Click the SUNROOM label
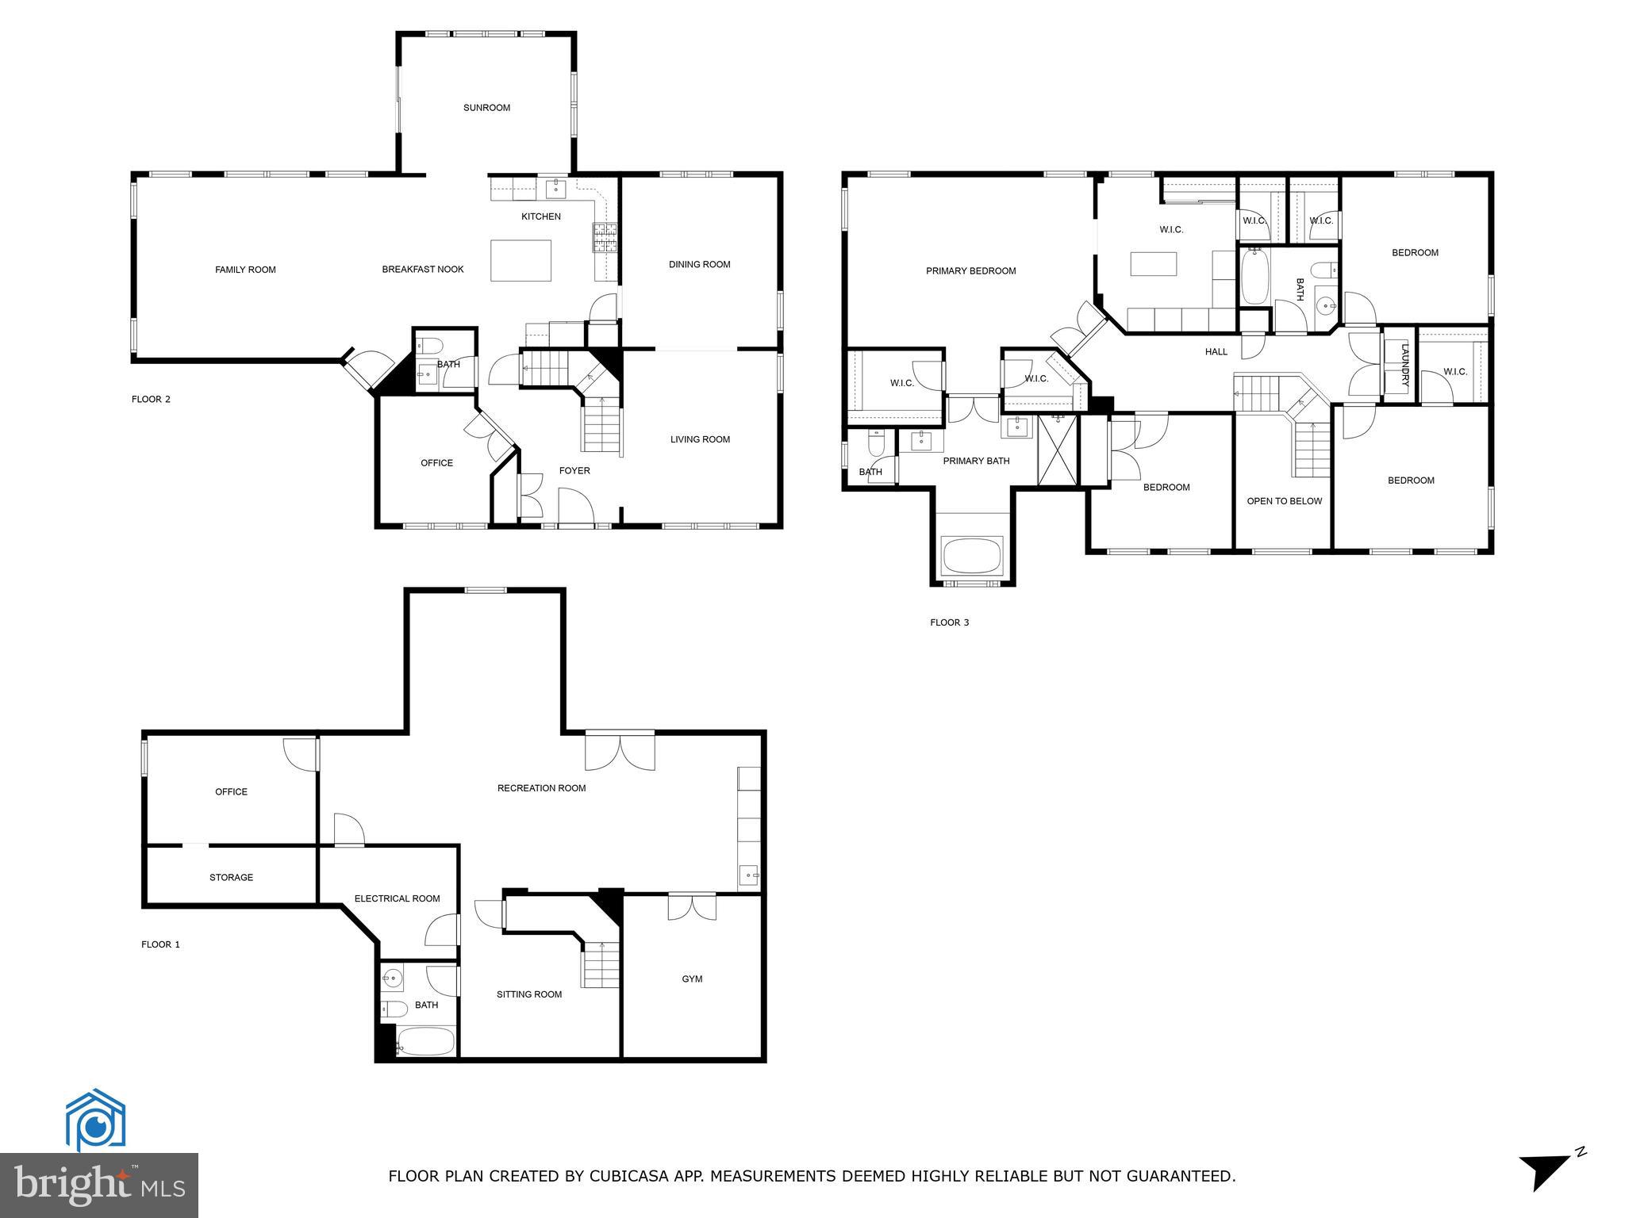(486, 108)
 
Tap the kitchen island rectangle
(521, 260)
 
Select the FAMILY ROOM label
(245, 270)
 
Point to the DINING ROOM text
(699, 265)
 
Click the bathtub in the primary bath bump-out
(972, 556)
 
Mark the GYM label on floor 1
(692, 979)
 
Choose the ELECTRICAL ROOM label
(397, 898)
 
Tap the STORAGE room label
(231, 878)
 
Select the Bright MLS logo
(98, 1185)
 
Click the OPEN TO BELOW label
(1284, 501)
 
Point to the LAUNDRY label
(1404, 365)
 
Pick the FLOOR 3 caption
(949, 622)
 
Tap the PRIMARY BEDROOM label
(970, 271)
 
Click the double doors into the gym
(692, 906)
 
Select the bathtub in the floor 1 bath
(425, 1041)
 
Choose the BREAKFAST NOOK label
(422, 270)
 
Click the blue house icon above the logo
(95, 1120)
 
